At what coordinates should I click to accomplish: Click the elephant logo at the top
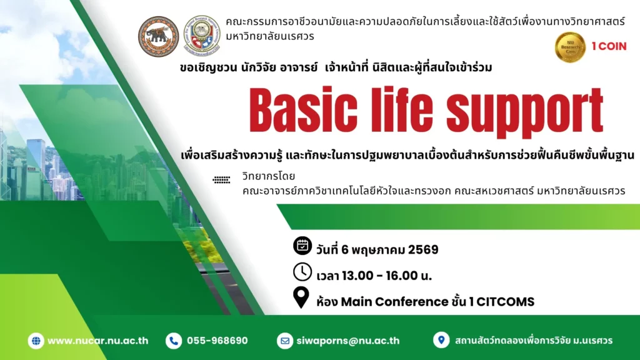pyautogui.click(x=159, y=36)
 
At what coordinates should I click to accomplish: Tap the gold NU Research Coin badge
pyautogui.click(x=570, y=47)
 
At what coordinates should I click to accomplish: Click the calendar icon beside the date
pyautogui.click(x=302, y=246)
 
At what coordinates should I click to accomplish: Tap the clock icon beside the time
pyautogui.click(x=302, y=272)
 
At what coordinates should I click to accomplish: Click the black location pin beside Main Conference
pyautogui.click(x=302, y=298)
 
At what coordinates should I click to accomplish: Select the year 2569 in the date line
pyautogui.click(x=423, y=250)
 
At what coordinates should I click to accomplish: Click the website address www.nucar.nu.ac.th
pyautogui.click(x=98, y=341)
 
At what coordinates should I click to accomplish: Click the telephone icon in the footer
pyautogui.click(x=174, y=341)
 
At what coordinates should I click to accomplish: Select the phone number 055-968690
pyautogui.click(x=217, y=341)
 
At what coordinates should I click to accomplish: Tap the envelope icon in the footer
pyautogui.click(x=285, y=341)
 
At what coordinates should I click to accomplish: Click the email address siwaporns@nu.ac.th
pyautogui.click(x=349, y=341)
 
